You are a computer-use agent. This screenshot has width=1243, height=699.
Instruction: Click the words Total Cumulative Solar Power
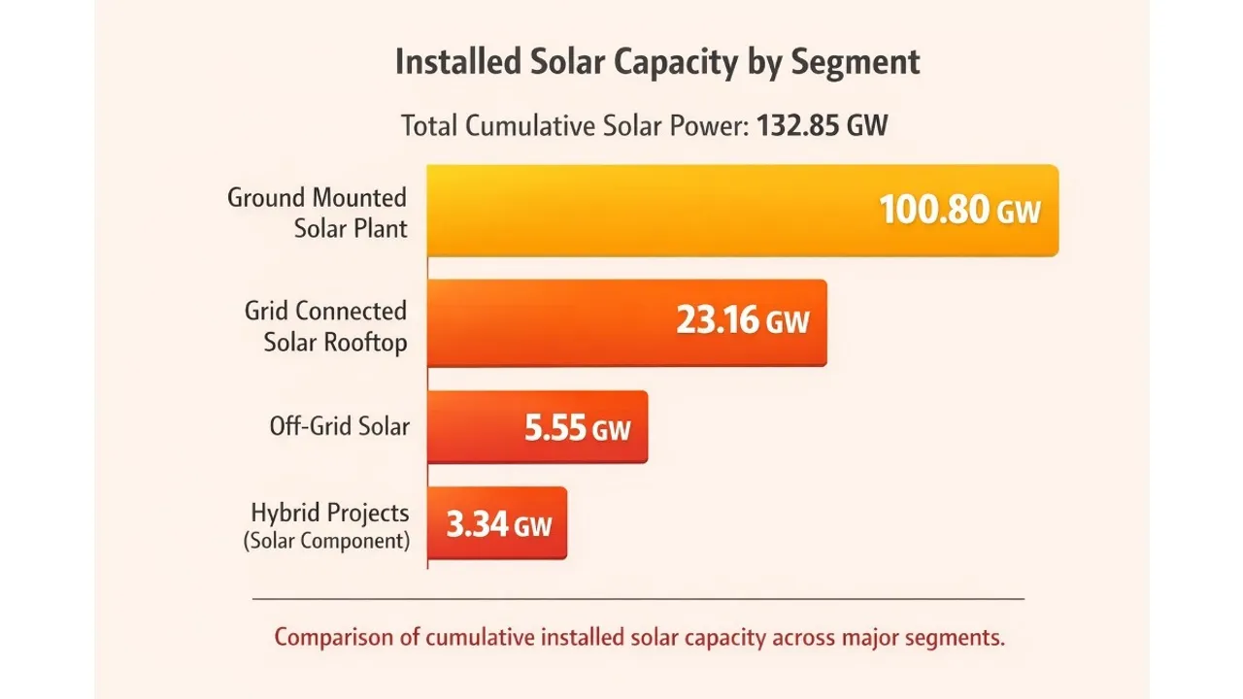click(x=573, y=126)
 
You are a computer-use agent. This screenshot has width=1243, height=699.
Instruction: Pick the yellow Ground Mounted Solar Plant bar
click(x=641, y=211)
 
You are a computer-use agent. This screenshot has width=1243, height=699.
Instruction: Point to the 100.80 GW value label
click(x=959, y=211)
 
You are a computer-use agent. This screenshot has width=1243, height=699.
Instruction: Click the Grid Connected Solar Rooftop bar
click(x=544, y=323)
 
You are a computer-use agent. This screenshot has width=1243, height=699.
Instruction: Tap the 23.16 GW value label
click(x=742, y=321)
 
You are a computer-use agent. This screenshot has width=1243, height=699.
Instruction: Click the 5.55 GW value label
click(x=578, y=428)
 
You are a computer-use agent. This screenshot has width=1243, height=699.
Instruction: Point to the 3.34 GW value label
click(x=499, y=525)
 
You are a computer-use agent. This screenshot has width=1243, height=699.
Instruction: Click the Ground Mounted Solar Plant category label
click(x=319, y=214)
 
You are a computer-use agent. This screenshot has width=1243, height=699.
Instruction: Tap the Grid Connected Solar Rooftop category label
click(x=326, y=326)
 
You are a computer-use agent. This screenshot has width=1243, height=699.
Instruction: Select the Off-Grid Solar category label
click(x=340, y=426)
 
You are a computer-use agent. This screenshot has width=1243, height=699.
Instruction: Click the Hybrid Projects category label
click(x=330, y=513)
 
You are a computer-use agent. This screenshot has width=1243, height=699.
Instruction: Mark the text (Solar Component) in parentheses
click(x=326, y=541)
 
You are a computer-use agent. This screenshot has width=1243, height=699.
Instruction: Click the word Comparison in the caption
click(x=333, y=638)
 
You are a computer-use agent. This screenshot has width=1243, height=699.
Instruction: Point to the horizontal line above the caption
click(x=637, y=598)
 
